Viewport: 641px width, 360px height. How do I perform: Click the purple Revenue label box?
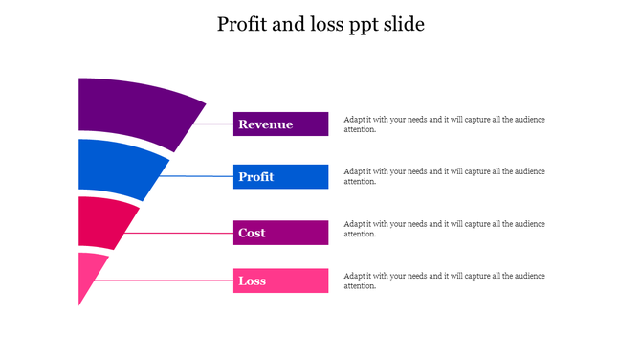point(280,124)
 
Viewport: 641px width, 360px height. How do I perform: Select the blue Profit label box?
point(280,176)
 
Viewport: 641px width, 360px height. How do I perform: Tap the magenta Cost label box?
point(280,233)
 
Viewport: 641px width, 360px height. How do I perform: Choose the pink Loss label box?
point(280,281)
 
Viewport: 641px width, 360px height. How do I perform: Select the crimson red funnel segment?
point(101,220)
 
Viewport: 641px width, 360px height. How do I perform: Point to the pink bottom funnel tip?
point(88,273)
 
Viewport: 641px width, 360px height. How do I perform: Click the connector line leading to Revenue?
point(212,124)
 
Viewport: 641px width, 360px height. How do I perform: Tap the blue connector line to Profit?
point(196,176)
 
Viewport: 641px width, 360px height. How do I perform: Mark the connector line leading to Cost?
point(177,233)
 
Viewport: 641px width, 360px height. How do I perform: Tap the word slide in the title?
point(403,25)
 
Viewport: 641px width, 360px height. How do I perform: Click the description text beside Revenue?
point(444,124)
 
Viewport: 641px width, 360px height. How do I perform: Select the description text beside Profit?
point(444,176)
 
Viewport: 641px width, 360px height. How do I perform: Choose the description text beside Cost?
point(444,228)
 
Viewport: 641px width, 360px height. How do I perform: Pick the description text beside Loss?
point(444,281)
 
